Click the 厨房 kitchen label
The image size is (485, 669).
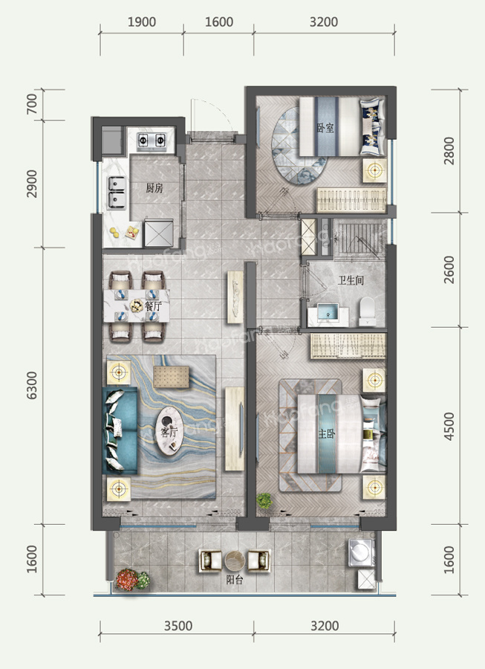tap(154, 188)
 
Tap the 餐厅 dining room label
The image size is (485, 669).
tap(153, 306)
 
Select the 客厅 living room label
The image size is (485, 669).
tap(169, 432)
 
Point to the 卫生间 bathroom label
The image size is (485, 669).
tap(351, 280)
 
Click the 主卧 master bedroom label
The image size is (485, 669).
tap(327, 434)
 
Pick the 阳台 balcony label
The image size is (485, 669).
tap(235, 580)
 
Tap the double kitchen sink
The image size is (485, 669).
tap(117, 193)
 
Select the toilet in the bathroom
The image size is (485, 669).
tap(367, 311)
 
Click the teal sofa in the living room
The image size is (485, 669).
tap(120, 430)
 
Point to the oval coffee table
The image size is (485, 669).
tap(169, 431)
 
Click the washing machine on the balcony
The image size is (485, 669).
tap(361, 552)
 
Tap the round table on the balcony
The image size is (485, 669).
tap(235, 560)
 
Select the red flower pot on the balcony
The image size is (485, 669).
tap(128, 579)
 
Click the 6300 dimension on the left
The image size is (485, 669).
tap(32, 385)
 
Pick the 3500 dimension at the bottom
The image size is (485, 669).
tap(178, 626)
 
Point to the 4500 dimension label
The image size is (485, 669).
tap(449, 426)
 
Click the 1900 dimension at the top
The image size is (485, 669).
tap(142, 22)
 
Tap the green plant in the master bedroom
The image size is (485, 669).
tap(264, 500)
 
